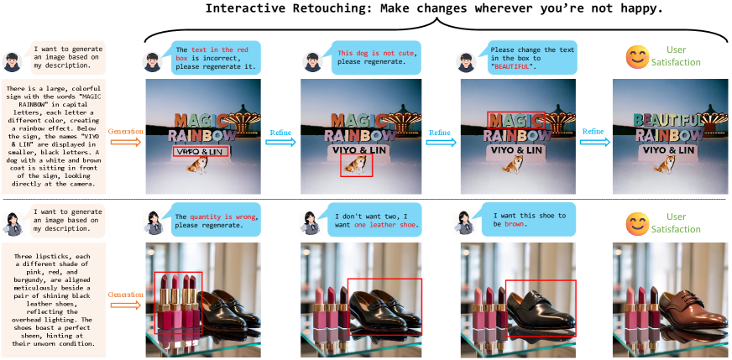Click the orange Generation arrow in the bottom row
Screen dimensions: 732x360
pos(125,305)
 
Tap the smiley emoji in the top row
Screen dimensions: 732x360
pos(637,56)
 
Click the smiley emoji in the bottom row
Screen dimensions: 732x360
pos(637,224)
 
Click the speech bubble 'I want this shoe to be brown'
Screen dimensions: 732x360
pos(529,220)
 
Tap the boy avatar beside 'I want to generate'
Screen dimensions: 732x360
pos(12,61)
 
